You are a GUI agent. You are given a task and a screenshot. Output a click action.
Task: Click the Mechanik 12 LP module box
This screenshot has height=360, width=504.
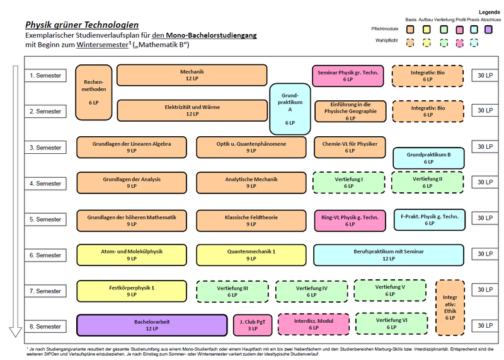point(192,75)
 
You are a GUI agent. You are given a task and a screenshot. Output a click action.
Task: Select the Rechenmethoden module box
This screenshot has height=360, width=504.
point(94,93)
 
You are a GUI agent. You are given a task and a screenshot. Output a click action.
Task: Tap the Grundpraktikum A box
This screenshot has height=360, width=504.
point(290,109)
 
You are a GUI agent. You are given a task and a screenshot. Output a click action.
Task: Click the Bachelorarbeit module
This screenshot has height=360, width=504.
point(152,325)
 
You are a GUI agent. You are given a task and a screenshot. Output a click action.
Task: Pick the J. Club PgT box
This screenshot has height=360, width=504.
point(253,325)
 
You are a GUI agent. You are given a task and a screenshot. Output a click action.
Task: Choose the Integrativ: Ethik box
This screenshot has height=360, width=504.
point(450,308)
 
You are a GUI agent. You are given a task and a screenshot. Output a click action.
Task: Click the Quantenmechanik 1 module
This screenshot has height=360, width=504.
point(251,255)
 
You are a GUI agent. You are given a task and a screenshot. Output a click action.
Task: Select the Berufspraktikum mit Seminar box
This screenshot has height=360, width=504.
point(389,255)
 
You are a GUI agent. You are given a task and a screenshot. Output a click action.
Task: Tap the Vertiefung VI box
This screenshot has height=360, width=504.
point(391,323)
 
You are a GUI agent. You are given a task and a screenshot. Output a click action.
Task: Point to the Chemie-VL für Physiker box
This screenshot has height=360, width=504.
point(350,148)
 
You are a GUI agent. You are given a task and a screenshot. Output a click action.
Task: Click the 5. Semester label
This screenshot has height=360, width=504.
point(45,219)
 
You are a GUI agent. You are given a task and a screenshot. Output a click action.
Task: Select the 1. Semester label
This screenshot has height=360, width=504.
point(45,76)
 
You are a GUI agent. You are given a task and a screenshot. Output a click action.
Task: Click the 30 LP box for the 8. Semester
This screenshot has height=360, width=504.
point(485,325)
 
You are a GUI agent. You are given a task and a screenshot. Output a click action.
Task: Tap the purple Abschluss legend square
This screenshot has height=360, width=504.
point(489,30)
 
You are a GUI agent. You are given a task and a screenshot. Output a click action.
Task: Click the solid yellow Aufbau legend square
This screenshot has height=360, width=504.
point(427,30)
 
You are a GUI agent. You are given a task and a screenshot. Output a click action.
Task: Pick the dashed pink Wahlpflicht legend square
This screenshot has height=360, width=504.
point(460,43)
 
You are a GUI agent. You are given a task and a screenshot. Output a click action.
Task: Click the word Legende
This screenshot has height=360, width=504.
point(490,12)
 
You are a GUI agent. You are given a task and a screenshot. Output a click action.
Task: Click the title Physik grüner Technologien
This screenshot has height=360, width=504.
point(82,25)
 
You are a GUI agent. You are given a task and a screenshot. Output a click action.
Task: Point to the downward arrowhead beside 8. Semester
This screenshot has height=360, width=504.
point(15,332)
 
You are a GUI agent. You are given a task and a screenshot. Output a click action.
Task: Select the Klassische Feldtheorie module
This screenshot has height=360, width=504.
point(251,221)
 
